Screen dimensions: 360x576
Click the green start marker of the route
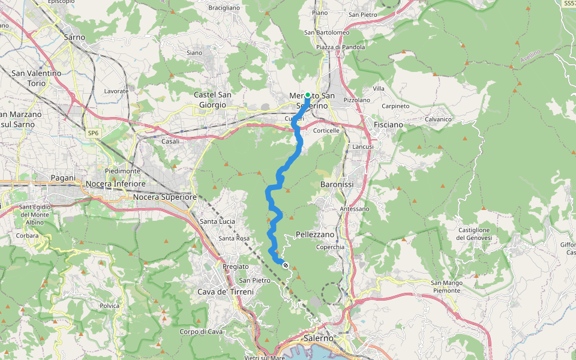(308, 95)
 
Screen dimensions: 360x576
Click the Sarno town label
(74, 37)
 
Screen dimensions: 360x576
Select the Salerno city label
(318, 338)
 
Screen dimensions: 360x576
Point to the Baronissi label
(337, 184)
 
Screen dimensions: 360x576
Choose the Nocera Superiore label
(165, 197)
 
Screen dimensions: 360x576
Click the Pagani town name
(63, 178)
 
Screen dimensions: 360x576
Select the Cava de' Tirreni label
(226, 292)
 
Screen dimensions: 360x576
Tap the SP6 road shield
(93, 133)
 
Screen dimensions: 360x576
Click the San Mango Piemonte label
(445, 286)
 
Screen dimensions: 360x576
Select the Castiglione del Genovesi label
(475, 234)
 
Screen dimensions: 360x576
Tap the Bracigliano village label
(223, 8)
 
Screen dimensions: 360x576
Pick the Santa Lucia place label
(217, 221)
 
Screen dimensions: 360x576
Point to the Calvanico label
(437, 119)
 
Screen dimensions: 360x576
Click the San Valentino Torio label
(36, 78)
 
